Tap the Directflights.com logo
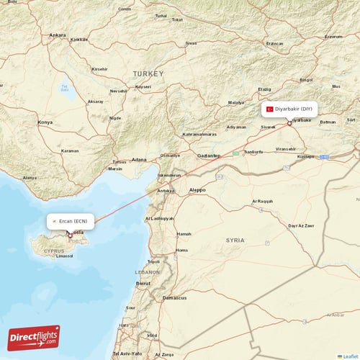click(x=34, y=337)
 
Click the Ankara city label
click(x=57, y=35)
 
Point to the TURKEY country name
click(x=148, y=73)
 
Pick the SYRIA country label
click(x=235, y=240)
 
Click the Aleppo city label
click(x=197, y=189)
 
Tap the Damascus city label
click(x=174, y=297)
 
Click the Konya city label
click(x=45, y=122)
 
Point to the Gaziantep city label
click(x=208, y=155)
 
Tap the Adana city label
click(x=139, y=159)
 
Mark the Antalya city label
click(x=30, y=177)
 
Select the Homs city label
click(x=181, y=250)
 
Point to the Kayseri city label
click(x=143, y=86)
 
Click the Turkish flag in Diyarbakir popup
click(x=270, y=109)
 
